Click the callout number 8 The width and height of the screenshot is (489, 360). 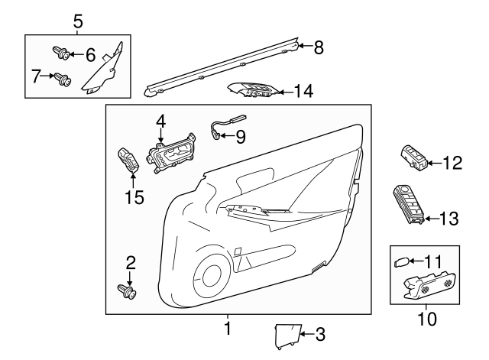click(319, 47)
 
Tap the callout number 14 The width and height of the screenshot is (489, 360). click(303, 92)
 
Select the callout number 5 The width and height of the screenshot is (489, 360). click(78, 21)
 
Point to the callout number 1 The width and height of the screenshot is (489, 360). click(227, 329)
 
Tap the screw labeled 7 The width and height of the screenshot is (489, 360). click(60, 76)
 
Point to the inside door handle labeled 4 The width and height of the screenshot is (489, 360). click(172, 157)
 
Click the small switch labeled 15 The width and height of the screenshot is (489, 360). click(128, 160)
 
